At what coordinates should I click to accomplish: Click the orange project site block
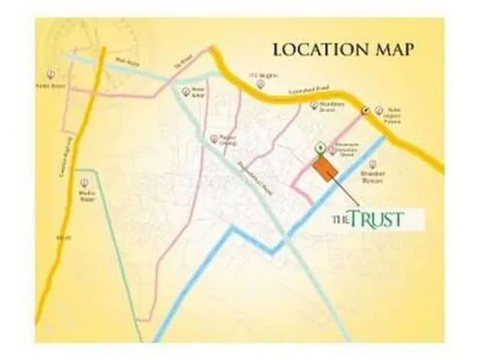click(x=325, y=169)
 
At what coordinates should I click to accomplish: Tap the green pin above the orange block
click(x=318, y=146)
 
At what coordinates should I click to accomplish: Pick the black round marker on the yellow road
click(x=366, y=110)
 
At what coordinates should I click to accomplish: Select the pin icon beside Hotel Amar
click(x=184, y=90)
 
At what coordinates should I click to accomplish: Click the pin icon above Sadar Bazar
click(x=51, y=74)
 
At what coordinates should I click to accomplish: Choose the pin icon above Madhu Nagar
click(x=84, y=183)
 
